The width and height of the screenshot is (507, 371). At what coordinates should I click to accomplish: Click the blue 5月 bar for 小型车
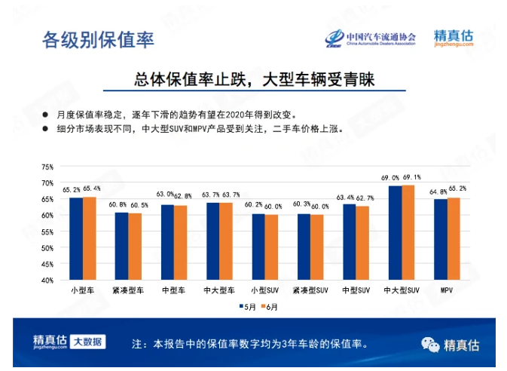click(76, 238)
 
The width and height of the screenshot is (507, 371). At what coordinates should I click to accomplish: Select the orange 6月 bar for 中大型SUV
click(408, 232)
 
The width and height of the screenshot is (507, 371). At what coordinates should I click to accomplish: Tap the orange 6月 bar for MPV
click(454, 238)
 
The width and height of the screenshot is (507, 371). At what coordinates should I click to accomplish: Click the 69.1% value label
click(411, 177)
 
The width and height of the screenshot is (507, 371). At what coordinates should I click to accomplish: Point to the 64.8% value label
click(438, 192)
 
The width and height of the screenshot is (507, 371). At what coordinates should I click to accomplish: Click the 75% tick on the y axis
click(47, 167)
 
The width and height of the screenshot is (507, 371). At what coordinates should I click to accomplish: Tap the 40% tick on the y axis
click(47, 280)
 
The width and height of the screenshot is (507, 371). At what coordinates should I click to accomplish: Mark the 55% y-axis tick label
click(47, 231)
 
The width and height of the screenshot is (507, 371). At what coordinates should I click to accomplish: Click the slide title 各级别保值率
click(99, 39)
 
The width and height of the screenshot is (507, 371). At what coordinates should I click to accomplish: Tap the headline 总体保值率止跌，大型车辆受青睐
click(254, 78)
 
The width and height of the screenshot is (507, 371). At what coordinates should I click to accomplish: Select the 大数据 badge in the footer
click(89, 342)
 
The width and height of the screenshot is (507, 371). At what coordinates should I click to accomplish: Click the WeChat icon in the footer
click(430, 345)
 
